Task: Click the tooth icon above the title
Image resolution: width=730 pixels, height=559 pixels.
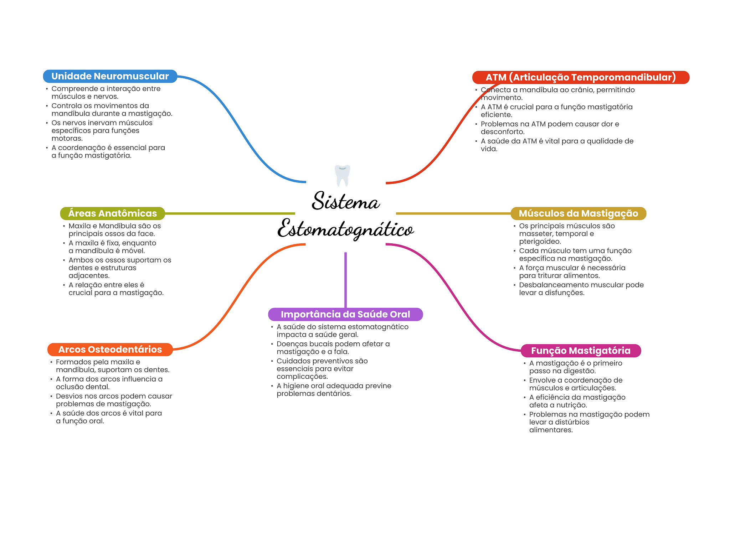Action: [343, 175]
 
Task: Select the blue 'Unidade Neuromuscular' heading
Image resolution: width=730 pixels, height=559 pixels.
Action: [110, 76]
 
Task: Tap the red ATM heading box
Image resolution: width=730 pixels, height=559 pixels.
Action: [580, 77]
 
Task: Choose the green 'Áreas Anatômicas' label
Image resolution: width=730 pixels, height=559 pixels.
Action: [112, 213]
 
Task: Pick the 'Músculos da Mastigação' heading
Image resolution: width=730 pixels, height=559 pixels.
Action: [578, 213]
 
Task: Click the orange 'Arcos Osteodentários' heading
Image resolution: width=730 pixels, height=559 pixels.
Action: [110, 350]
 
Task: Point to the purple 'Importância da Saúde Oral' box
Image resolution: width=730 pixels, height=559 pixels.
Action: [345, 314]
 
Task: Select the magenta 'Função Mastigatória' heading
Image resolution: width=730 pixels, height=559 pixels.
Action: [580, 351]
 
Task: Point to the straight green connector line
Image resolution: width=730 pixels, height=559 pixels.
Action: [230, 213]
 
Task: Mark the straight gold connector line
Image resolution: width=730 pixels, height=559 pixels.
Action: [453, 213]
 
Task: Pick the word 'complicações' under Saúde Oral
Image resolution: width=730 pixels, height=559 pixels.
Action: [302, 377]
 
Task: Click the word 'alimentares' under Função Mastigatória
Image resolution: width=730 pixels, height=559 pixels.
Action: [550, 430]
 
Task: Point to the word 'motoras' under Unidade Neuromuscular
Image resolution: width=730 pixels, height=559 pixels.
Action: [67, 139]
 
